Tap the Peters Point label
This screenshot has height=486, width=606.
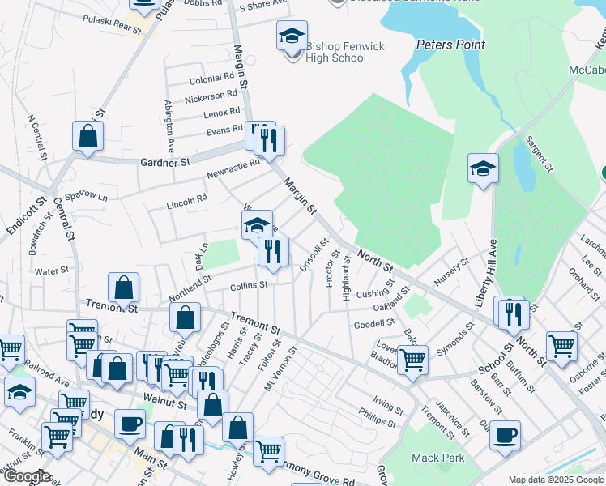450,45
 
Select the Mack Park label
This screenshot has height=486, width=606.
437,458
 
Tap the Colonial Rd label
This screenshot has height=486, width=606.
211,79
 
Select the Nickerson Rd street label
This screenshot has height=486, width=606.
210,97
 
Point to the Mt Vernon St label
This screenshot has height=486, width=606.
281,369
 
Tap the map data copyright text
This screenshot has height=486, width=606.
556,480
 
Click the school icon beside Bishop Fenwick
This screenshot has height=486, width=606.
292,36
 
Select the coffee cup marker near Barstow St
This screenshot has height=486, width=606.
506,435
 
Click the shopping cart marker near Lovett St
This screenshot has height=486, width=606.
413,359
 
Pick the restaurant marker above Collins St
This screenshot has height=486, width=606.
273,251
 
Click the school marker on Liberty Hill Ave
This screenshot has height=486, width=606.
483,168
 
